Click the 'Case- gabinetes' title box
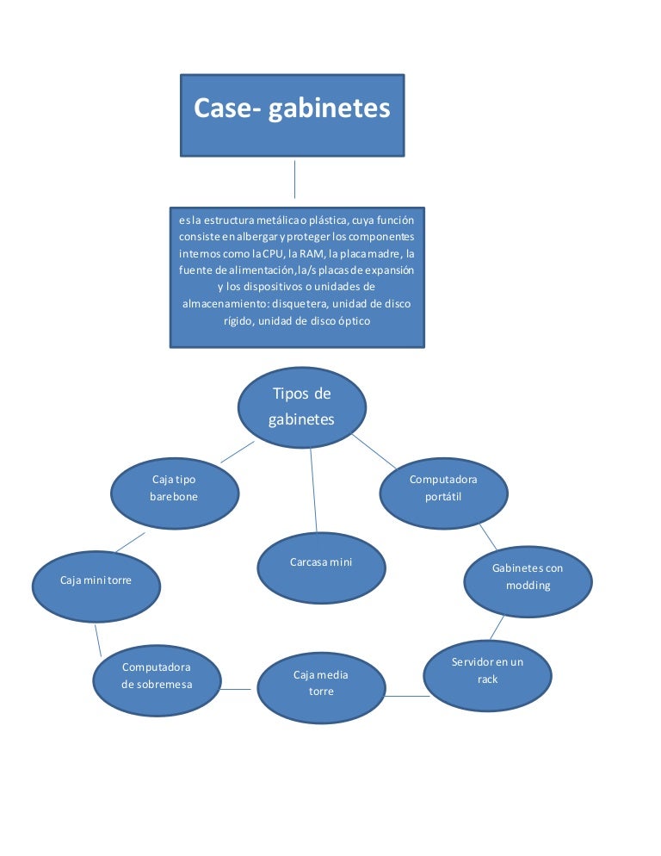[292, 115]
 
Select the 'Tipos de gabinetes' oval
[301, 407]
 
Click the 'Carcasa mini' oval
[321, 568]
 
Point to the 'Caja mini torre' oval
[96, 586]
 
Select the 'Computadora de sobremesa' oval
[156, 679]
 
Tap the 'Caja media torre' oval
[320, 687]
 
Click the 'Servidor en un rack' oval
[487, 675]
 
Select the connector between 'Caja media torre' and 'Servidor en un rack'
[405, 696]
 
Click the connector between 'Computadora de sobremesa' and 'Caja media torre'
[235, 689]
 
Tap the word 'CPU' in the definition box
[274, 254]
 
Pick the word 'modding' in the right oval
[528, 586]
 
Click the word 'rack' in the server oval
[487, 679]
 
